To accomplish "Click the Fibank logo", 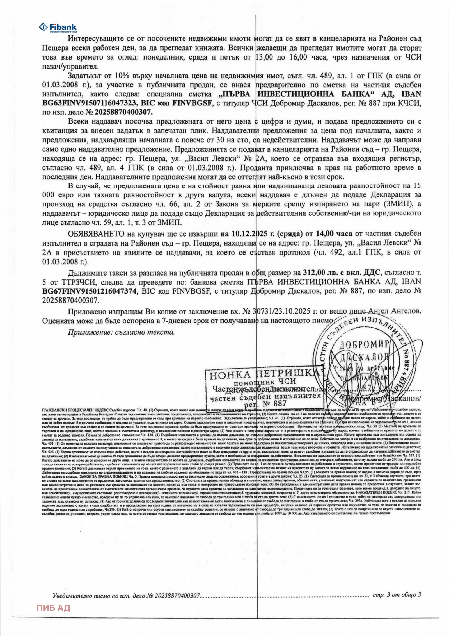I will coord(58,27).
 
